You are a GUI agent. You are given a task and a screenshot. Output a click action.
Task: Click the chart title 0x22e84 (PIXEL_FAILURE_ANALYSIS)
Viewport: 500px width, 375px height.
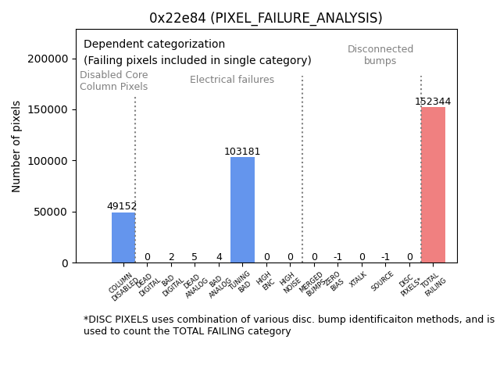coord(266,18)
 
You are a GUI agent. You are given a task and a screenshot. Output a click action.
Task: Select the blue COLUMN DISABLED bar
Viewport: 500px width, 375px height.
coord(123,237)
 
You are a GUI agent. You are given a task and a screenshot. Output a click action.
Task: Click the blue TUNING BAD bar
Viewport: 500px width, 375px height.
coord(242,210)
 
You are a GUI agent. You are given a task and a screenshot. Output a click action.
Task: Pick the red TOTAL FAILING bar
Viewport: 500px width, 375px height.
coord(433,185)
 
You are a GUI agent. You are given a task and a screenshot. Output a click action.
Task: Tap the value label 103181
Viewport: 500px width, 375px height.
coord(242,152)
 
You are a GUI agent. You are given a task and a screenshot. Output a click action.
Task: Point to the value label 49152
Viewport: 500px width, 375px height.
coord(122,206)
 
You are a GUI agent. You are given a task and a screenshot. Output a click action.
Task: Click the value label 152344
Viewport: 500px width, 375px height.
coord(433,102)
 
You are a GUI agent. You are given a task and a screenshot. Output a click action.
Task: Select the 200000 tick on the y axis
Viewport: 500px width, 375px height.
coord(47,59)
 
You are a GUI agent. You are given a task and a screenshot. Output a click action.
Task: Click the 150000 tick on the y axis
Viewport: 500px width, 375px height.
coord(47,110)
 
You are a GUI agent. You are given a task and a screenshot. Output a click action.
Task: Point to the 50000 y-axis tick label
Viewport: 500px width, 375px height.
coord(50,212)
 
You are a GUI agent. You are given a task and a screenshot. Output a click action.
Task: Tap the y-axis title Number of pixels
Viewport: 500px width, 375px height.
coord(16,146)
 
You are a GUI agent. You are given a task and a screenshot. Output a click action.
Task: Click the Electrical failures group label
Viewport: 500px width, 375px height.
coord(232,80)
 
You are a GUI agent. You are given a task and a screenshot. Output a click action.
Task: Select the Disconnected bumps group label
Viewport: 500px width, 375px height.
coord(380,55)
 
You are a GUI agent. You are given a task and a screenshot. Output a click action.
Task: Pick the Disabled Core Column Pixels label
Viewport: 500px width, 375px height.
coord(113,80)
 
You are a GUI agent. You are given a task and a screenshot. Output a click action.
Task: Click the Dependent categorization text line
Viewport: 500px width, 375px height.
coord(154,45)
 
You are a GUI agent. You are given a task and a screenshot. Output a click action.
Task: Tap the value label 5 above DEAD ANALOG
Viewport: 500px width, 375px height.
coord(195,257)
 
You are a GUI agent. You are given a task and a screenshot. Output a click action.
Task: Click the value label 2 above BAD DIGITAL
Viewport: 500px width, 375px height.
coord(171,257)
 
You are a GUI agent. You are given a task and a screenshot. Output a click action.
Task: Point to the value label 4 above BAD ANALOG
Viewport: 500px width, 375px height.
coord(219,257)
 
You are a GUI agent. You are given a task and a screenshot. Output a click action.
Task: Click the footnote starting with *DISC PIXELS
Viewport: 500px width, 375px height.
coord(288,325)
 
